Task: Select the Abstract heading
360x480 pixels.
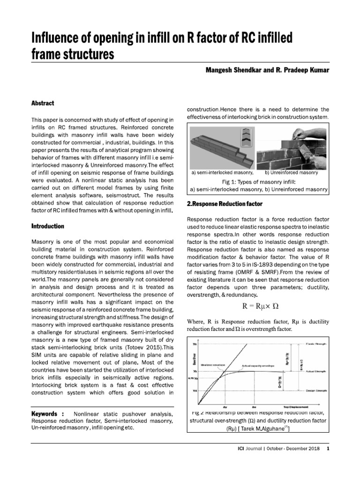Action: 43,103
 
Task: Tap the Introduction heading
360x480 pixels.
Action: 47,226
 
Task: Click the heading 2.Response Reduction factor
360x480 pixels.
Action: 225,204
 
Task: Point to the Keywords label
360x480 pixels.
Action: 47,414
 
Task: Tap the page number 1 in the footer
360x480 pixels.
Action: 328,449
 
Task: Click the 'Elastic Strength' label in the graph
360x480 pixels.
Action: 317,344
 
